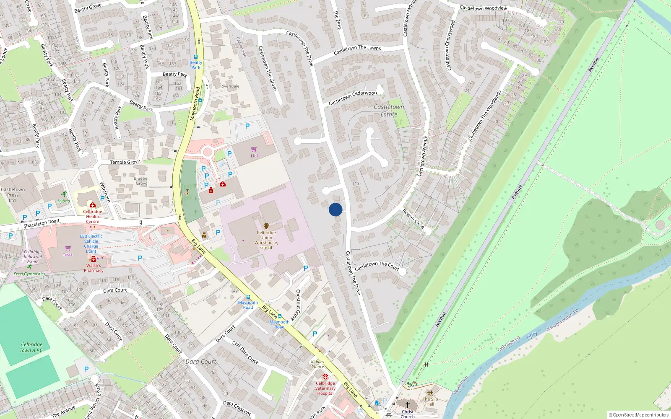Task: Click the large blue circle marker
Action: tap(335, 209)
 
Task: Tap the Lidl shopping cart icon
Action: tap(254, 149)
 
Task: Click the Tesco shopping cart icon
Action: tap(68, 248)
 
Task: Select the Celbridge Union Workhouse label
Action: tap(266, 240)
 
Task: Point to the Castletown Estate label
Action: tap(389, 111)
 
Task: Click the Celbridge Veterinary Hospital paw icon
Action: tap(325, 377)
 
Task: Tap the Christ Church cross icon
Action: tap(407, 405)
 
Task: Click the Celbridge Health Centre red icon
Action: tap(93, 205)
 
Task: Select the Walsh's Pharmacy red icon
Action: tap(94, 259)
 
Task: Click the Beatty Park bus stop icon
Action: tap(196, 57)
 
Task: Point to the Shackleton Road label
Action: tap(41, 223)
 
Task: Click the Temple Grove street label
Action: tap(125, 162)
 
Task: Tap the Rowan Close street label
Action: tap(414, 219)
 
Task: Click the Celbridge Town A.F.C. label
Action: tap(32, 347)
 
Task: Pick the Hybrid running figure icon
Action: tap(64, 194)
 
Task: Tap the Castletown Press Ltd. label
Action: tap(13, 195)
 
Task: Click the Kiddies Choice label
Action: tap(317, 364)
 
